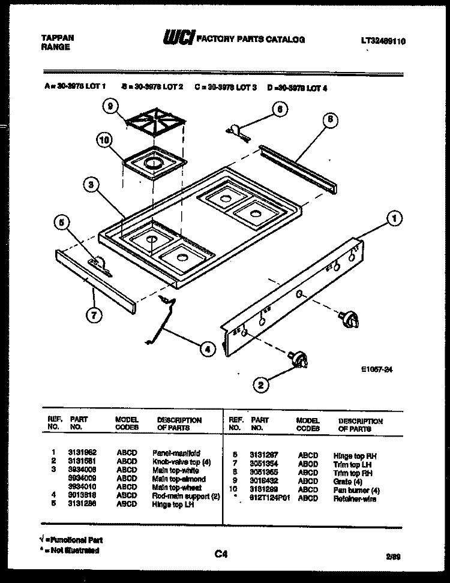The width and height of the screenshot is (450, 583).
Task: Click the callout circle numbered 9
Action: pyautogui.click(x=108, y=108)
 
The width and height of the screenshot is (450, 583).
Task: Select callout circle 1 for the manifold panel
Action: pyautogui.click(x=394, y=219)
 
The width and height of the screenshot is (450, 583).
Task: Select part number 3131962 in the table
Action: pyautogui.click(x=82, y=453)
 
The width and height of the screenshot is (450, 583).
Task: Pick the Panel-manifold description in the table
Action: pyautogui.click(x=176, y=453)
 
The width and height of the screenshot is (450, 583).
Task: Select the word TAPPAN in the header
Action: pyautogui.click(x=58, y=37)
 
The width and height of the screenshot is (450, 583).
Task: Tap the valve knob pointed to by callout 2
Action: pyautogui.click(x=298, y=359)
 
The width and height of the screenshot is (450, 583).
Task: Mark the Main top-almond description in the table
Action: pyautogui.click(x=179, y=479)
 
